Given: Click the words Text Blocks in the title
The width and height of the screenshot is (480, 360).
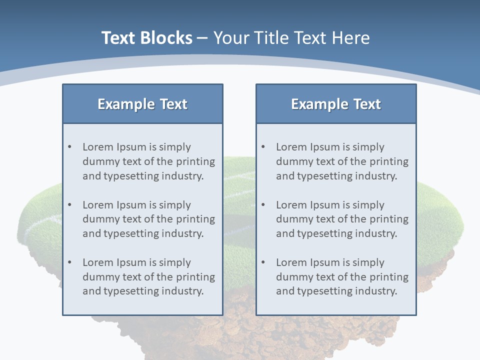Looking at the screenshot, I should (146, 38).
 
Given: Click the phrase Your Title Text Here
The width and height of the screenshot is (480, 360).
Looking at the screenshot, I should (291, 38).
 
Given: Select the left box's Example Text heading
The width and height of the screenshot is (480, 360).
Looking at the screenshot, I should (142, 104).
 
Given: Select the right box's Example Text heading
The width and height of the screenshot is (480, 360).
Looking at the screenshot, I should (336, 104).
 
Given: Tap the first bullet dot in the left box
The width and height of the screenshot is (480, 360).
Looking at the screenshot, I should (70, 147).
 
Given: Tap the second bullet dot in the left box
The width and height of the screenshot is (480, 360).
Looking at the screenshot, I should (70, 205).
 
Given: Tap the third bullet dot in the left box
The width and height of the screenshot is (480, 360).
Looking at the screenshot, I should (70, 262).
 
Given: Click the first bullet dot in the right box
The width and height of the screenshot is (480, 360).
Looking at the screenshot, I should (263, 147).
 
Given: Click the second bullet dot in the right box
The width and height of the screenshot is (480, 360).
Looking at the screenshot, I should (263, 205).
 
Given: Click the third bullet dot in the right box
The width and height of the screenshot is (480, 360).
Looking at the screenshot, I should (263, 262).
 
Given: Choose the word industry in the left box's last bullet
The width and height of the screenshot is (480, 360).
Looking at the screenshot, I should (182, 291).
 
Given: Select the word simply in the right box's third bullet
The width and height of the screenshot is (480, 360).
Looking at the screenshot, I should (368, 262).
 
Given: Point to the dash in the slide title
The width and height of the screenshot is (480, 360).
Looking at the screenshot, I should (202, 38).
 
